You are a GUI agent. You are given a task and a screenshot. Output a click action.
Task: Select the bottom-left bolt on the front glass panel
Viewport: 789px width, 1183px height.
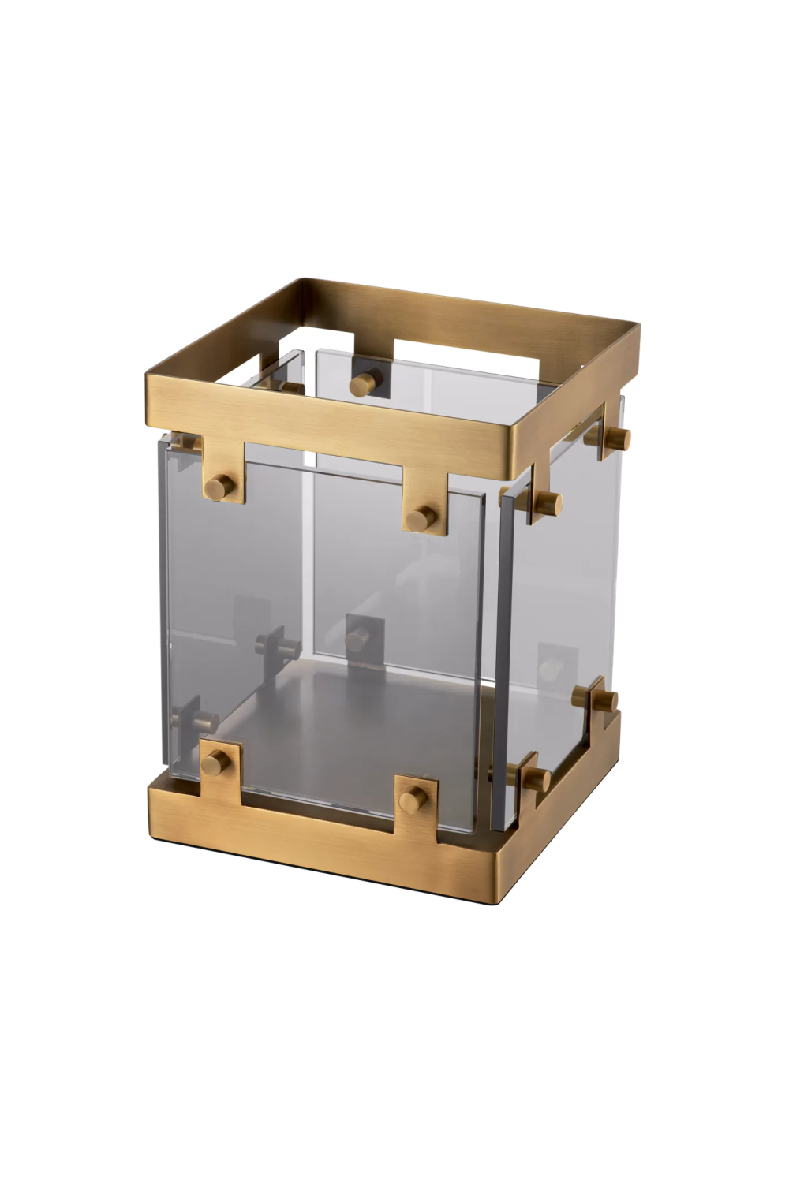click(x=214, y=761)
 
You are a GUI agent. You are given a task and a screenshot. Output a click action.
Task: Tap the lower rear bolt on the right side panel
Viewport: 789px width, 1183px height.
click(x=604, y=700)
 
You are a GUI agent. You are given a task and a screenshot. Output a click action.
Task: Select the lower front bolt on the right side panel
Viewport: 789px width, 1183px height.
click(x=537, y=778)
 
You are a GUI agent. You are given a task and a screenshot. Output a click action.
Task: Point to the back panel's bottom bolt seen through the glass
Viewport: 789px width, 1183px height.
click(x=359, y=637)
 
